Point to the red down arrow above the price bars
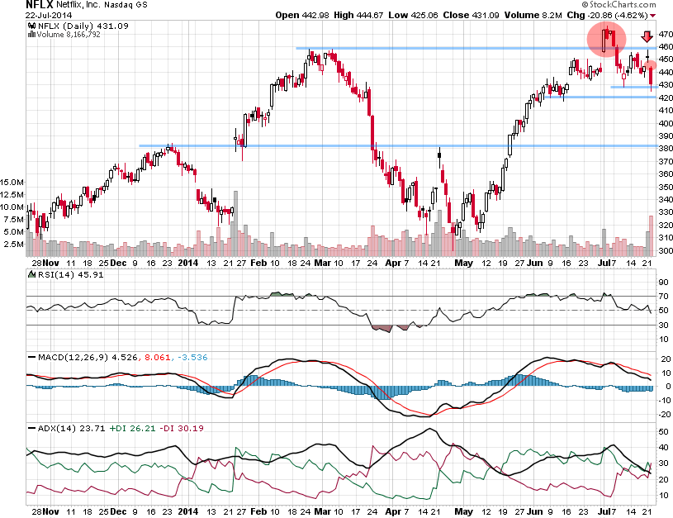click(x=647, y=36)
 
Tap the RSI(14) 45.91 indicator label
click(x=62, y=276)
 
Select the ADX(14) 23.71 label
click(x=62, y=429)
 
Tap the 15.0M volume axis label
click(x=12, y=181)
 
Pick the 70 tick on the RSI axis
click(x=662, y=295)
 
